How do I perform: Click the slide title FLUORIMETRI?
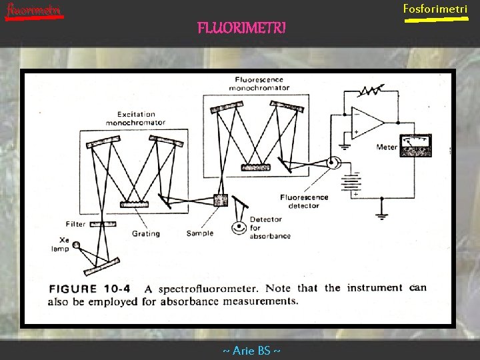coord(241,28)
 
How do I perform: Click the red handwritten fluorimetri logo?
coord(33,10)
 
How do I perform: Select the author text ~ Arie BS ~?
coord(251,351)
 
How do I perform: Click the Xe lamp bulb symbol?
coord(78,245)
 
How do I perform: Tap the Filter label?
coord(76,224)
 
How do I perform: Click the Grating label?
coord(146,233)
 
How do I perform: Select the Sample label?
coord(200,233)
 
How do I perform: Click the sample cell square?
coord(220,200)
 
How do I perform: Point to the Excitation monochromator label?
coord(136,118)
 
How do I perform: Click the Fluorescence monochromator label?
coord(259,83)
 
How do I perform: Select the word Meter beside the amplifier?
coord(386,147)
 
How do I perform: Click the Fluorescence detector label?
coord(304,201)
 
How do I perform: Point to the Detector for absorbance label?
coord(270,227)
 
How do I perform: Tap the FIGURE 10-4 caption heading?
coord(89,289)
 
